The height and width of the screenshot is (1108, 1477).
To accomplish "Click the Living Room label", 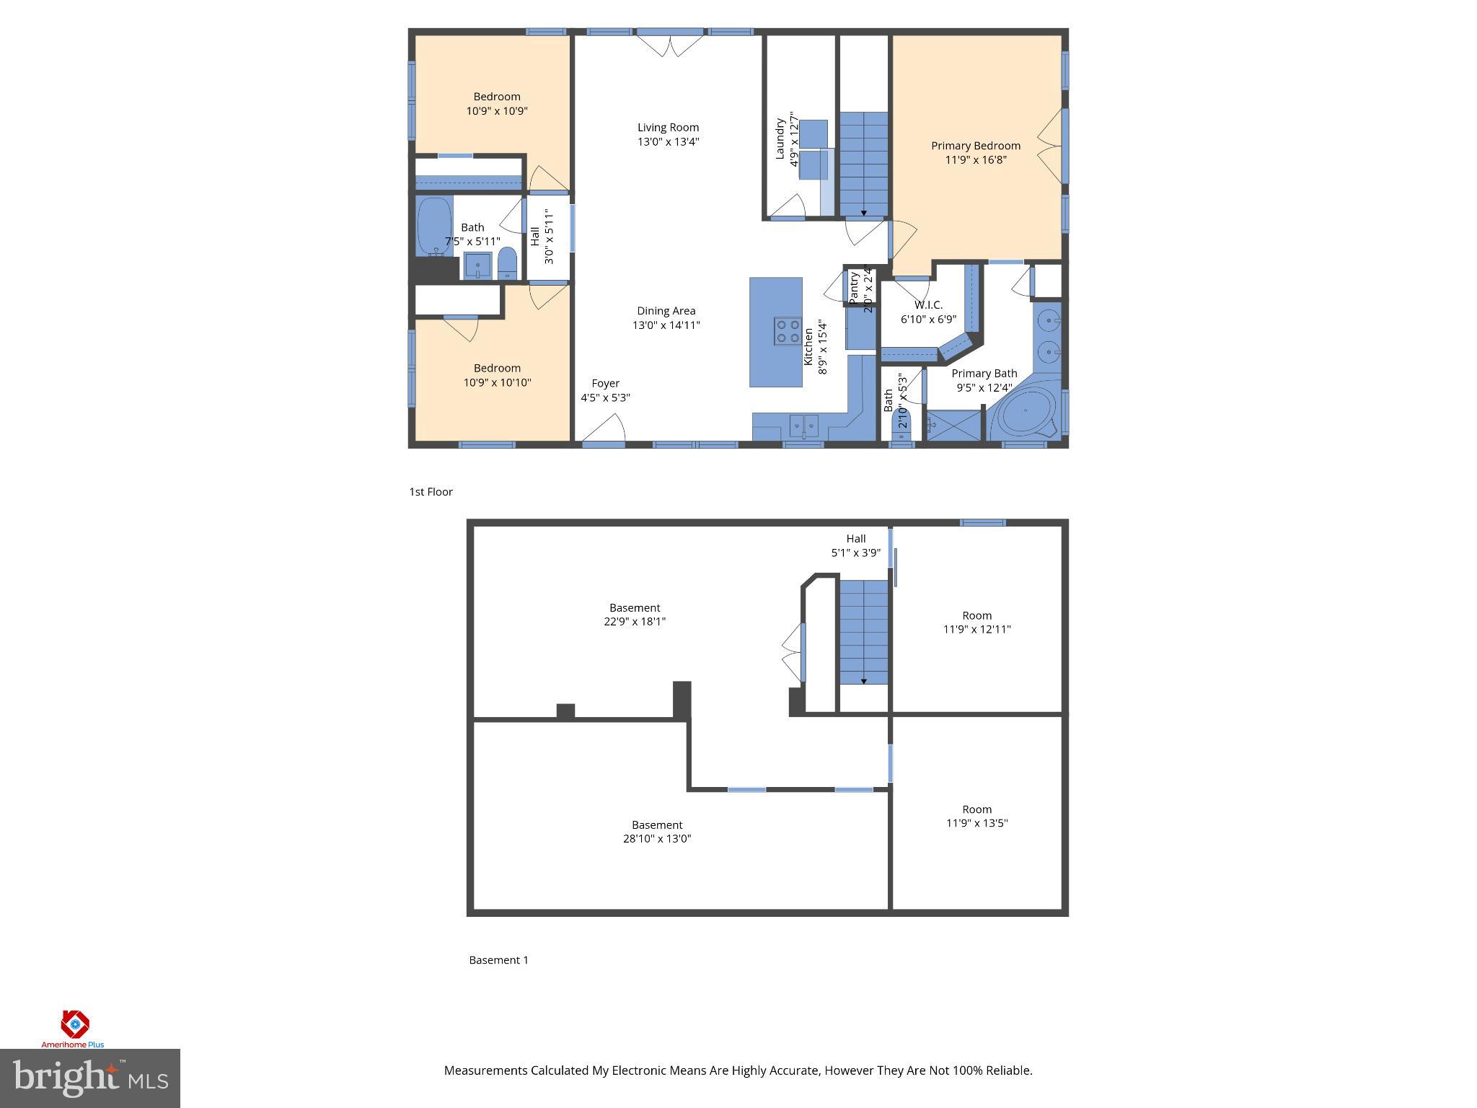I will [x=668, y=128].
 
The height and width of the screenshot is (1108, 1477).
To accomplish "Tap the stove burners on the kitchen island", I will [x=787, y=331].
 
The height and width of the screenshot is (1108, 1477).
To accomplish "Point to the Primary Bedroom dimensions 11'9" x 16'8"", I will [x=975, y=159].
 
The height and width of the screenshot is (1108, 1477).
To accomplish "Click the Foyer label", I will [x=605, y=384].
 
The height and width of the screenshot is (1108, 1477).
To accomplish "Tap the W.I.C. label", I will [x=928, y=305].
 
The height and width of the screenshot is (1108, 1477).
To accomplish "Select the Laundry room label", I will [x=780, y=139].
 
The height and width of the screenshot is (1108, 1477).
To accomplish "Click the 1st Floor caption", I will [x=431, y=492].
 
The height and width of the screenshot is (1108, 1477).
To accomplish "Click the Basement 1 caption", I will [x=498, y=960].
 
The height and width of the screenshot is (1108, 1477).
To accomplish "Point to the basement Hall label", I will [x=856, y=539].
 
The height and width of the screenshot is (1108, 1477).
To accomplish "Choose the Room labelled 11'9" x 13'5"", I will [x=976, y=816].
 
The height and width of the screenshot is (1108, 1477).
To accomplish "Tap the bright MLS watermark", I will [x=90, y=1078].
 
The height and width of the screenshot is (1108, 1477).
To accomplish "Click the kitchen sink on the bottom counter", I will [x=803, y=426].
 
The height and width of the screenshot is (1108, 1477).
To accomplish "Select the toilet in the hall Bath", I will [x=508, y=264].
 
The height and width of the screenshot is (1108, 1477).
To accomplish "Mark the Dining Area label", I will [x=666, y=311].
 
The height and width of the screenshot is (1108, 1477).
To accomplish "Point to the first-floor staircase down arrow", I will [x=864, y=214].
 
